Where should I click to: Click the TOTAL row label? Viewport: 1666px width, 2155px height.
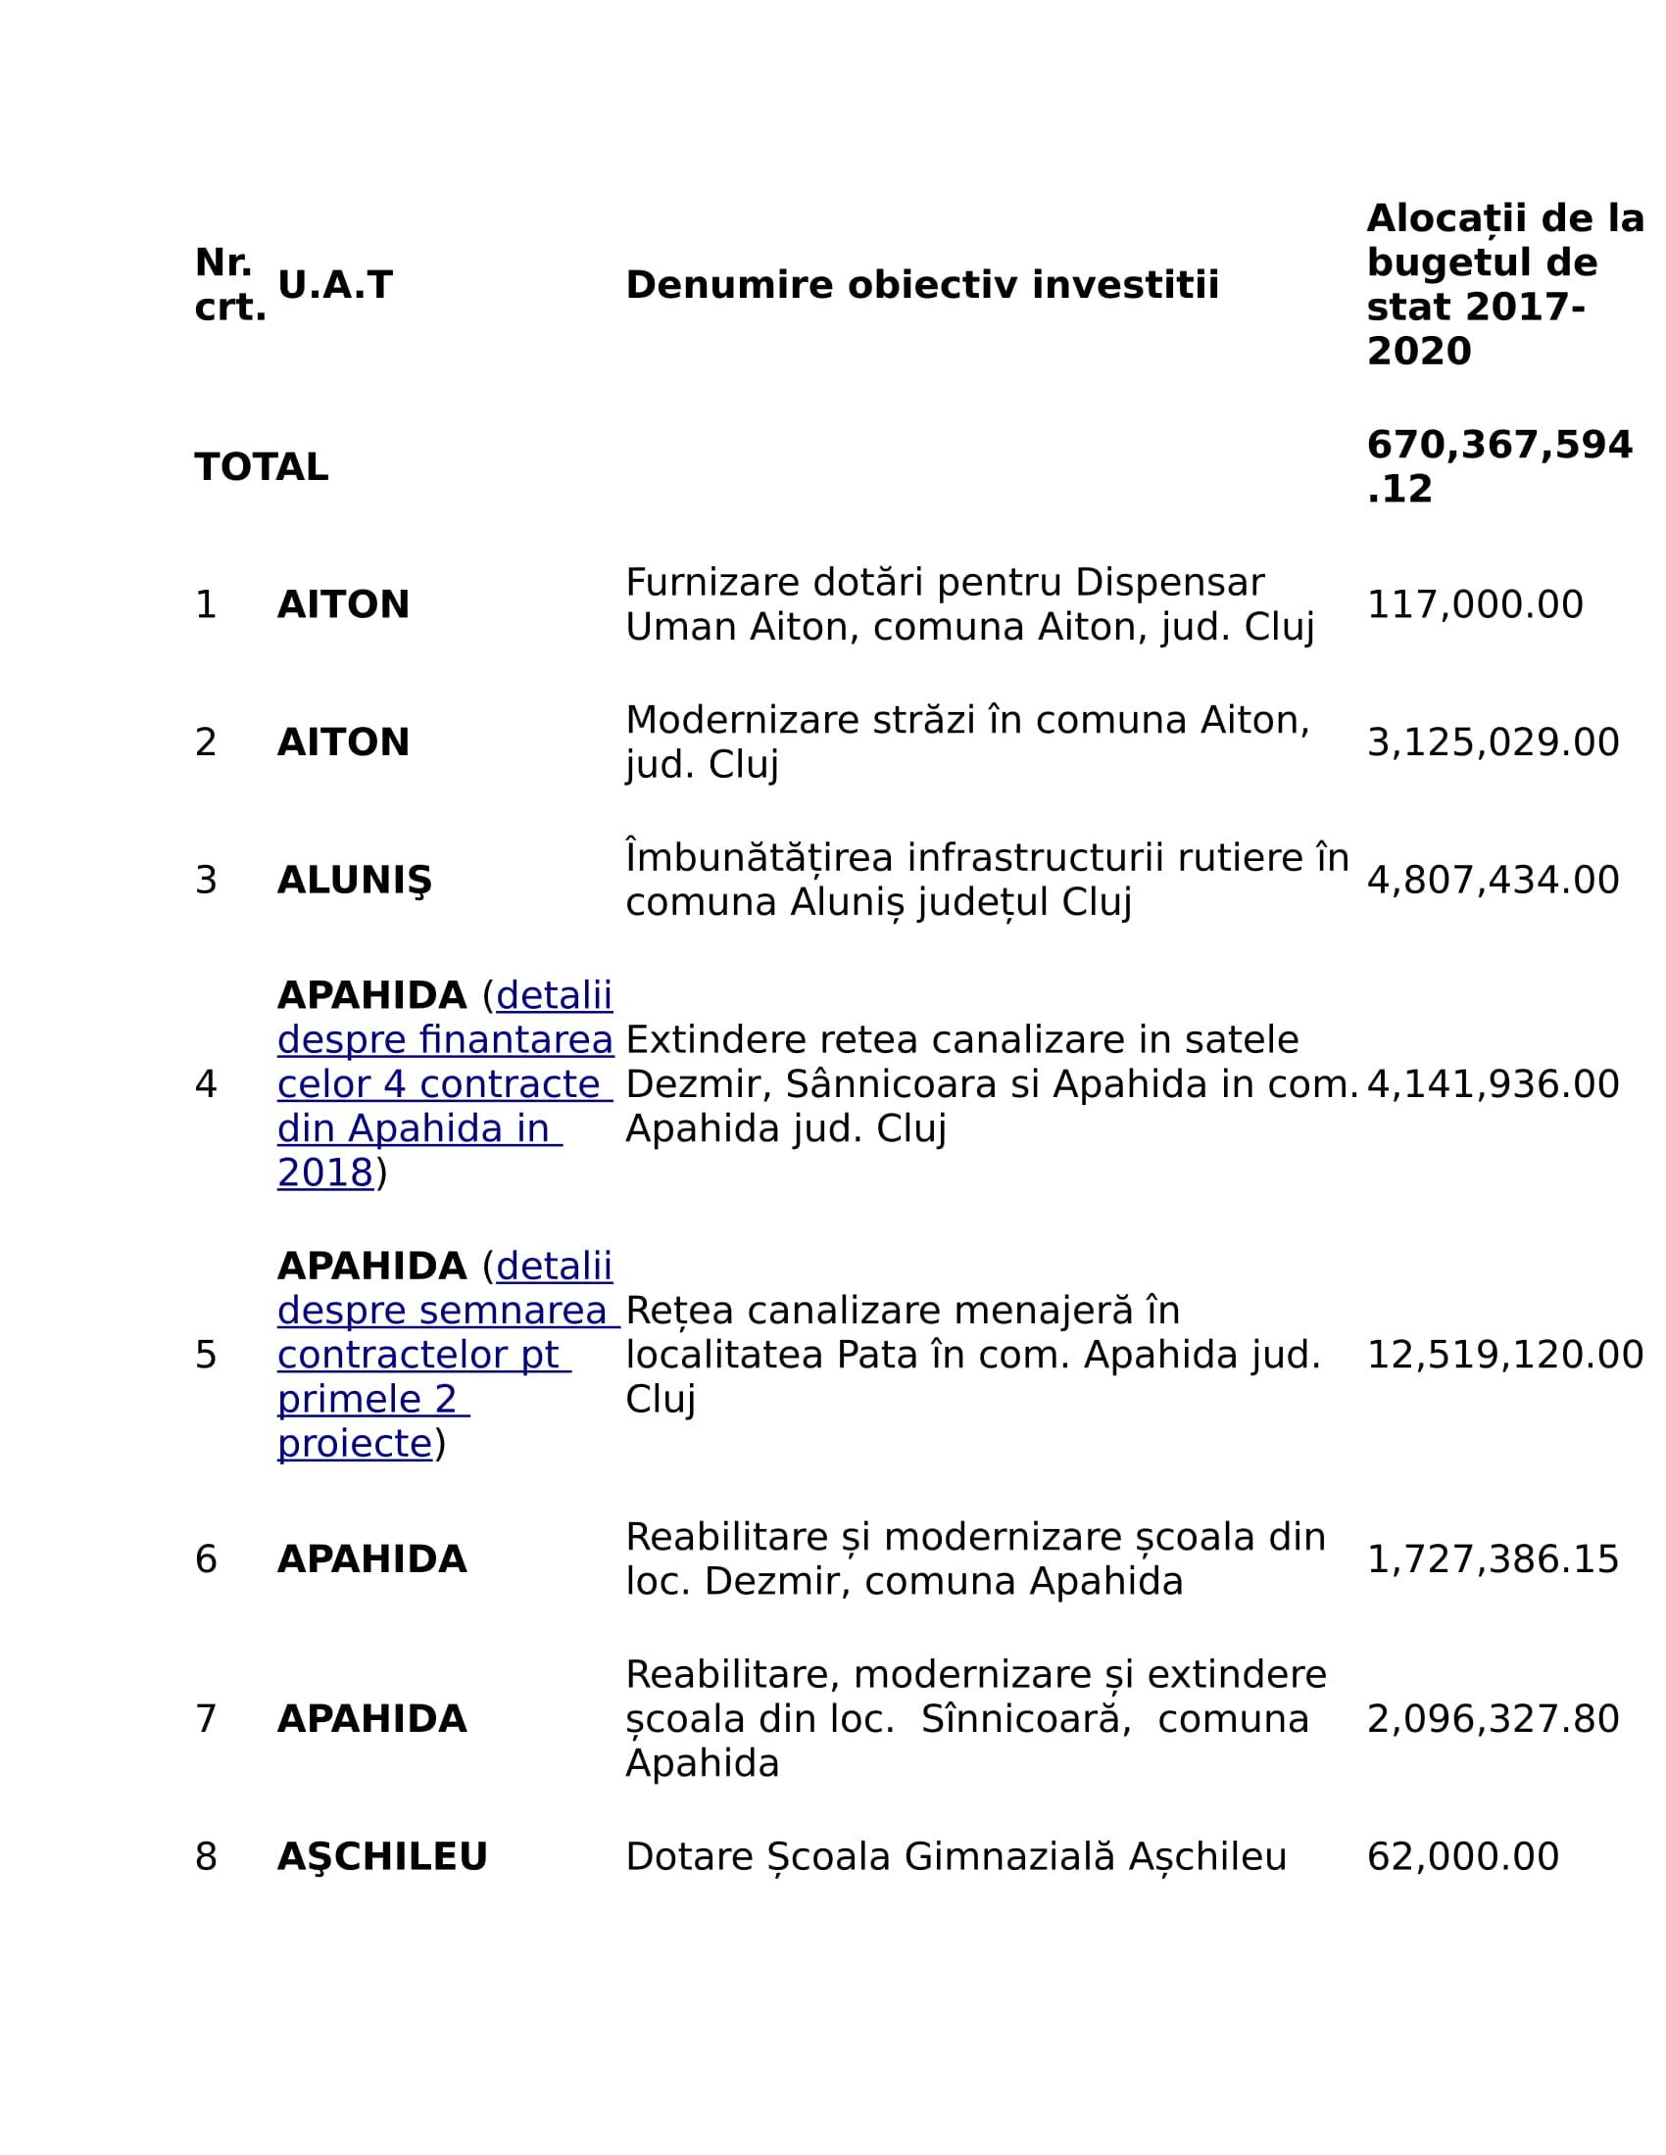point(261,466)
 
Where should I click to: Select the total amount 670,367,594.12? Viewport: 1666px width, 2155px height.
point(1498,466)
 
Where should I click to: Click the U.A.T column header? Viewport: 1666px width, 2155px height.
point(334,285)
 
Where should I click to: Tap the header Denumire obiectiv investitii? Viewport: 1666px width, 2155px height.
point(922,285)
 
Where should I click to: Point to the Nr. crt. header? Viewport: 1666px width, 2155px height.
point(229,285)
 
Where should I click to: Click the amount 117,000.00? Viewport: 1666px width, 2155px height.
point(1475,604)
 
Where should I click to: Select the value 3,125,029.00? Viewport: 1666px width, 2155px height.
point(1493,742)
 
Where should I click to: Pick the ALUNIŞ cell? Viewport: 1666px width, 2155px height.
point(355,881)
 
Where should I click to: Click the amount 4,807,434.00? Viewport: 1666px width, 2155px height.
point(1493,881)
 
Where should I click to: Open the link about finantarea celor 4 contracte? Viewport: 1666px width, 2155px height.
point(444,1084)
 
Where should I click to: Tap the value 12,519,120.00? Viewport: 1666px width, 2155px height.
point(1504,1355)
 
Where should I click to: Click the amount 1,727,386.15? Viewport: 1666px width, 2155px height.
point(1493,1559)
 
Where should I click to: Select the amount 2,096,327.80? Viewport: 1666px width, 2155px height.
point(1493,1719)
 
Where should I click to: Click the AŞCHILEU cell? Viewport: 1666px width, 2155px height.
point(382,1857)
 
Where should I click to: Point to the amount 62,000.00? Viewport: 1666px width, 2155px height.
point(1463,1857)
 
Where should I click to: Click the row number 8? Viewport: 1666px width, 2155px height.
point(205,1857)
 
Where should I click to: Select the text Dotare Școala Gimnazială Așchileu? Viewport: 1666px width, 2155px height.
point(955,1857)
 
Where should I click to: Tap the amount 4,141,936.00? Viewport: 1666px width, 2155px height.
point(1493,1084)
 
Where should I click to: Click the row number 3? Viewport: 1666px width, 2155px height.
point(205,881)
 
